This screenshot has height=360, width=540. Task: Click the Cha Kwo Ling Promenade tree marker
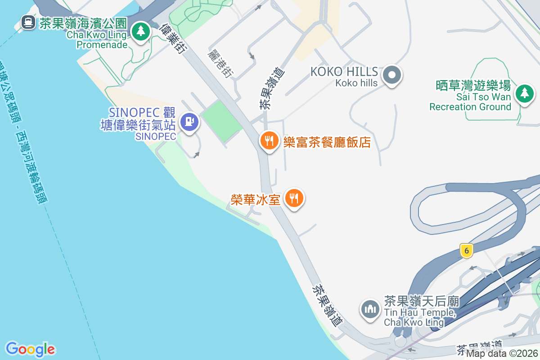pos(141,31)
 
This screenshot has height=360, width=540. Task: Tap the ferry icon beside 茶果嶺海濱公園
pos(28,22)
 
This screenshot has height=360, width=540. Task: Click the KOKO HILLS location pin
pos(391,75)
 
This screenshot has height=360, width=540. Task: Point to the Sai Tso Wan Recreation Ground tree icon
pos(524,93)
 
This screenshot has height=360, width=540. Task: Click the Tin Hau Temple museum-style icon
pos(370,309)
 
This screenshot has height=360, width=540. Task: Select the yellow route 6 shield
pos(467,251)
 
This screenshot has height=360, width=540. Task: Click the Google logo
pos(31,349)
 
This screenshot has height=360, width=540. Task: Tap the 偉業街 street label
pos(173,39)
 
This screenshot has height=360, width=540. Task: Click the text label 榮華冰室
pos(256,200)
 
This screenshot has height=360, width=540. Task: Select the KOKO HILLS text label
pos(344,72)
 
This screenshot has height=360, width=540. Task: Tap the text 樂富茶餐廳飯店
pos(327,142)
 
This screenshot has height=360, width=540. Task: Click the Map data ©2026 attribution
pos(502,354)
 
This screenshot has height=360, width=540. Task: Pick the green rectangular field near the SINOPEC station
pos(221,121)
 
